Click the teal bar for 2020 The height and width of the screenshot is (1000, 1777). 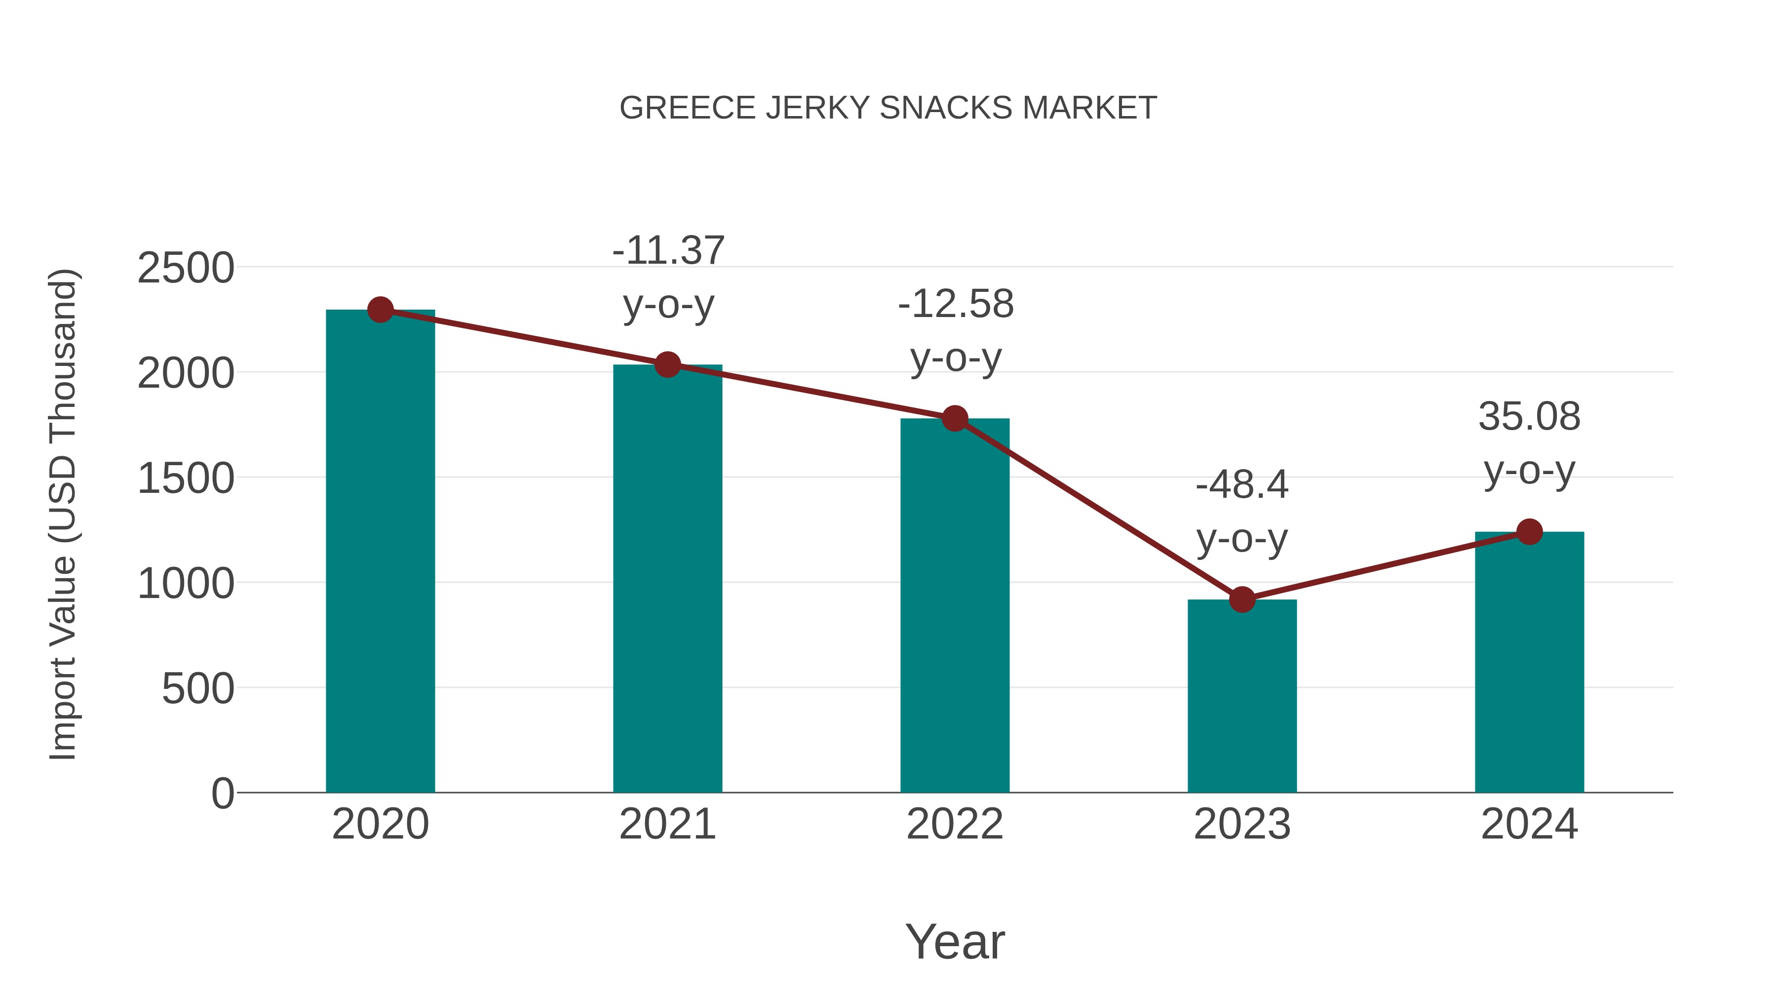[x=380, y=552]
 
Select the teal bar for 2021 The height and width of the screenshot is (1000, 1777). [x=667, y=580]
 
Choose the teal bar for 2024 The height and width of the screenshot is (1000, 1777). [x=1529, y=663]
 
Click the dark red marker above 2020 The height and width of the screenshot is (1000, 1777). [x=380, y=310]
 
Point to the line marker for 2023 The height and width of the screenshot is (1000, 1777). [x=1242, y=600]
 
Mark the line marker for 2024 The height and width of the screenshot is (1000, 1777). [x=1529, y=532]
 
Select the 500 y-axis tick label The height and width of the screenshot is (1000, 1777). [x=197, y=689]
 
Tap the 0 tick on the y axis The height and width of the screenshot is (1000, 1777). [x=223, y=794]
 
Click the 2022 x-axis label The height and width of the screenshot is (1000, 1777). [x=955, y=824]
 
